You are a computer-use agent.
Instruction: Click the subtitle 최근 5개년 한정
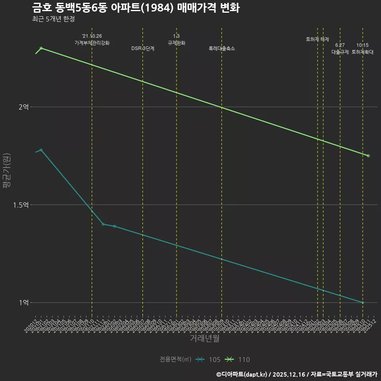[x=53, y=19]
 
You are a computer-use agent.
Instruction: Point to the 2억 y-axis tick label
[x=24, y=107]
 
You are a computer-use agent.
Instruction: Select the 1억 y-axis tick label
[x=24, y=303]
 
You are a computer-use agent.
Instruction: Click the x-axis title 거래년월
[x=204, y=339]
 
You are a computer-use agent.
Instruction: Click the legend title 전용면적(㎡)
[x=175, y=360]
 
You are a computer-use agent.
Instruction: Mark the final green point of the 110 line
[x=368, y=156]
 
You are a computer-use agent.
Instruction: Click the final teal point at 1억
[x=363, y=303]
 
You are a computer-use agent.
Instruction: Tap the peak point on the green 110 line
[x=41, y=48]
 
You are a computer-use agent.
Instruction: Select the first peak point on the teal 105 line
[x=41, y=150]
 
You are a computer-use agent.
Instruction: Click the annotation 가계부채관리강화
[x=92, y=43]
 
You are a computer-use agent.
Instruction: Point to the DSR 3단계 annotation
[x=143, y=48]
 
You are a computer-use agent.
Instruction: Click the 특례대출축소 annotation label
[x=222, y=48]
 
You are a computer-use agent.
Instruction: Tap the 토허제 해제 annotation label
[x=317, y=39]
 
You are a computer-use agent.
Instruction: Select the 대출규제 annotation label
[x=340, y=52]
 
